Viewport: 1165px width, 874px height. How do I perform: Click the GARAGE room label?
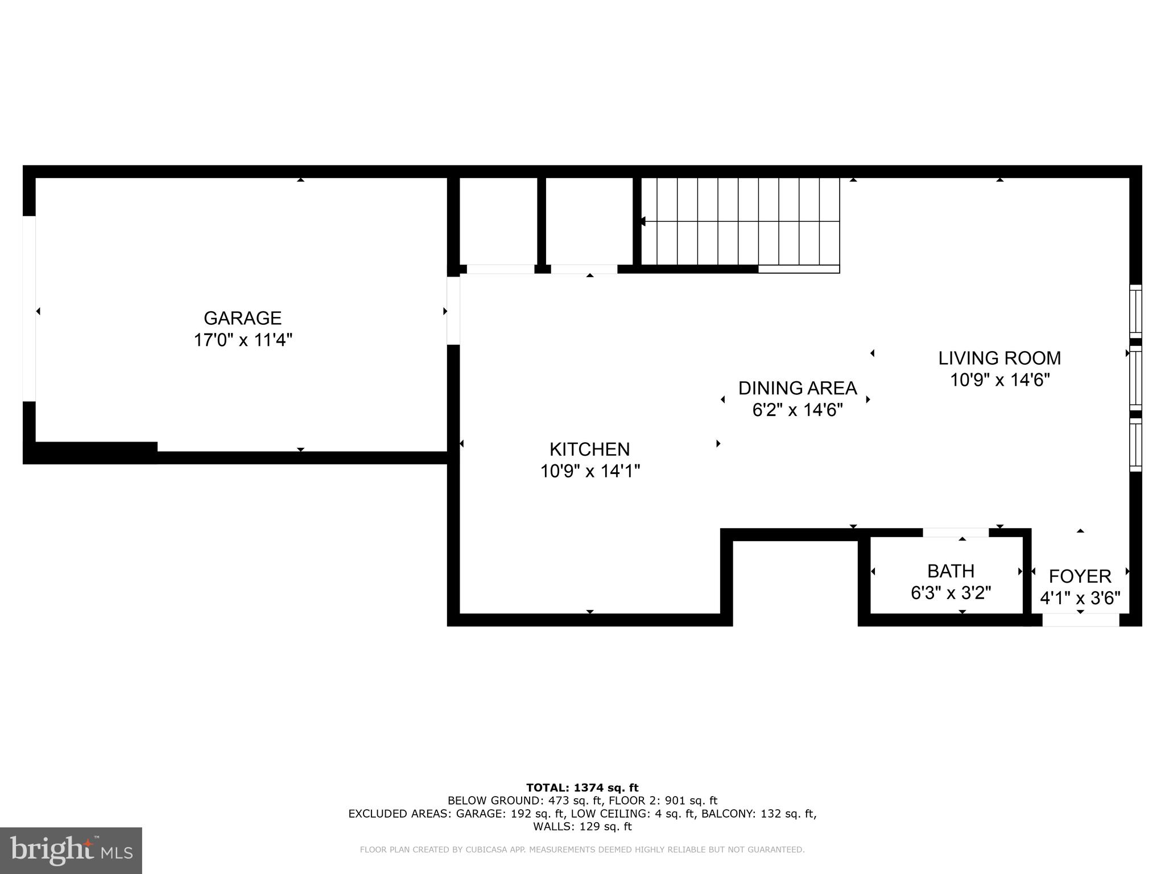[242, 318]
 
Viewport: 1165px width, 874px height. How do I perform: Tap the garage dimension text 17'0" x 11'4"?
[243, 340]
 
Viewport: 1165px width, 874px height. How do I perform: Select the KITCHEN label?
[589, 450]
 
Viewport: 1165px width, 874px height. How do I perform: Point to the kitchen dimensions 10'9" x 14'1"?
[590, 471]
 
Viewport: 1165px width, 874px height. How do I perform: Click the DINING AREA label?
[797, 388]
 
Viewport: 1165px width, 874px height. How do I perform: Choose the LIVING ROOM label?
[999, 358]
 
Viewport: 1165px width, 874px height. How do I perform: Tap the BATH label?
[951, 571]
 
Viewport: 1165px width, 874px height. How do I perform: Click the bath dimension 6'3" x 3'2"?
[951, 593]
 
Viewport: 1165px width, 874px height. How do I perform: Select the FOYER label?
[1080, 576]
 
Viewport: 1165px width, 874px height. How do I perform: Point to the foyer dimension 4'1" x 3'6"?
[1080, 598]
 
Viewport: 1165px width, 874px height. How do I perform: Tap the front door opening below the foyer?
[1080, 620]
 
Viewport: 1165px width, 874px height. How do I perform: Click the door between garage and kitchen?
[453, 311]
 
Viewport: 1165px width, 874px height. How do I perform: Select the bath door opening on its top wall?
[956, 533]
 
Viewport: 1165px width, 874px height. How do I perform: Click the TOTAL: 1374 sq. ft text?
[582, 788]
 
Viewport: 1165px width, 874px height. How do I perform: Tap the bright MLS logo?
[71, 850]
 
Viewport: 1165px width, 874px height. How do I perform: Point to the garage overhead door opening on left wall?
[29, 308]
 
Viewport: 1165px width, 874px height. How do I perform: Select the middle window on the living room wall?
[1135, 378]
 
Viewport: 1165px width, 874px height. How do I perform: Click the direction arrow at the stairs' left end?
[642, 221]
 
